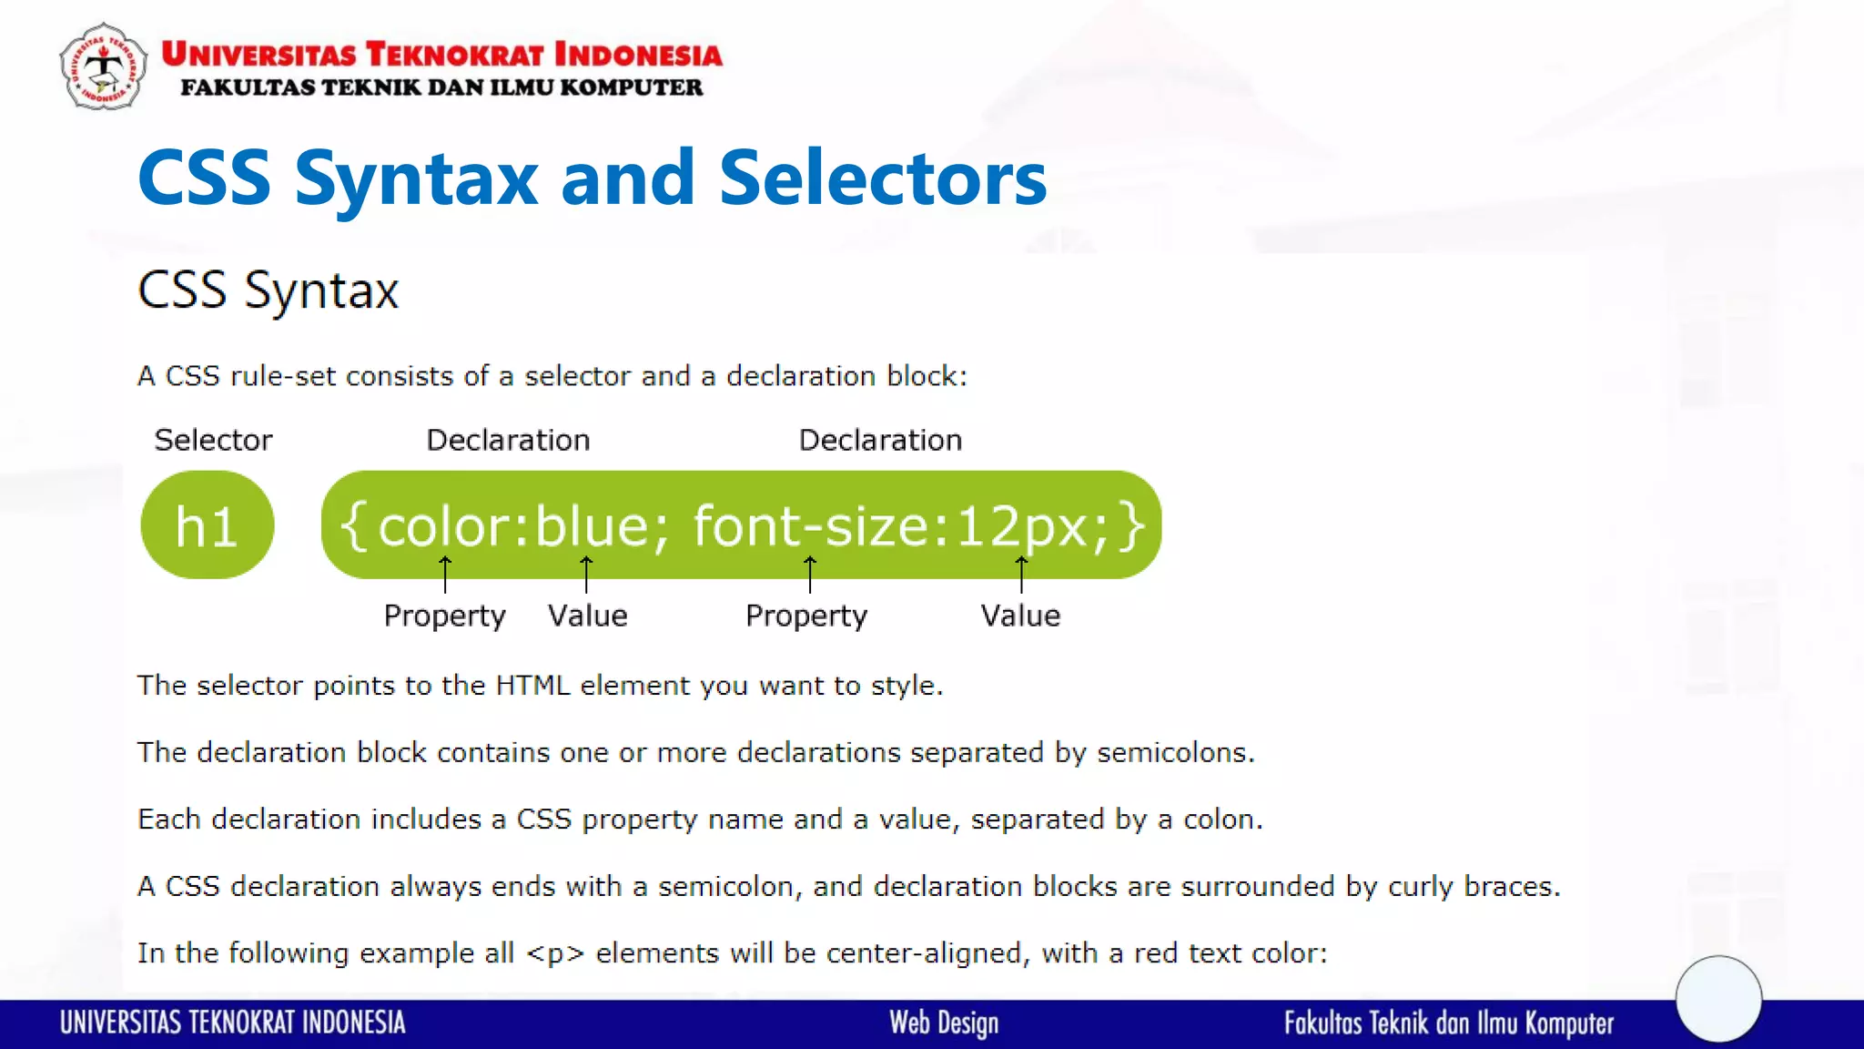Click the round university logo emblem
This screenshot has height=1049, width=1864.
coord(103,66)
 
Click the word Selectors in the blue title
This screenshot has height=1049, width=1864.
coord(883,178)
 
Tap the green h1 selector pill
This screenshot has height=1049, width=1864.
coord(208,525)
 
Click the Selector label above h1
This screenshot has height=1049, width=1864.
coord(213,441)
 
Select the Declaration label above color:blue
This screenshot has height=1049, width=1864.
coord(508,441)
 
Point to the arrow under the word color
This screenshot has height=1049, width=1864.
coord(445,574)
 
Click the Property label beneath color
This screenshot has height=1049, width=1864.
coord(444,616)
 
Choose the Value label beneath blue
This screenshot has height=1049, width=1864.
coord(588,616)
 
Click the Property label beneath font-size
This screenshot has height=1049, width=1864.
coord(806,616)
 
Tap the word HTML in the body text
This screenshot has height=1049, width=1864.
coord(532,686)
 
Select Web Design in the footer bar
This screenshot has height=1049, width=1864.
coord(944,1024)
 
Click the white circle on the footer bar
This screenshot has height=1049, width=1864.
coord(1718,999)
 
